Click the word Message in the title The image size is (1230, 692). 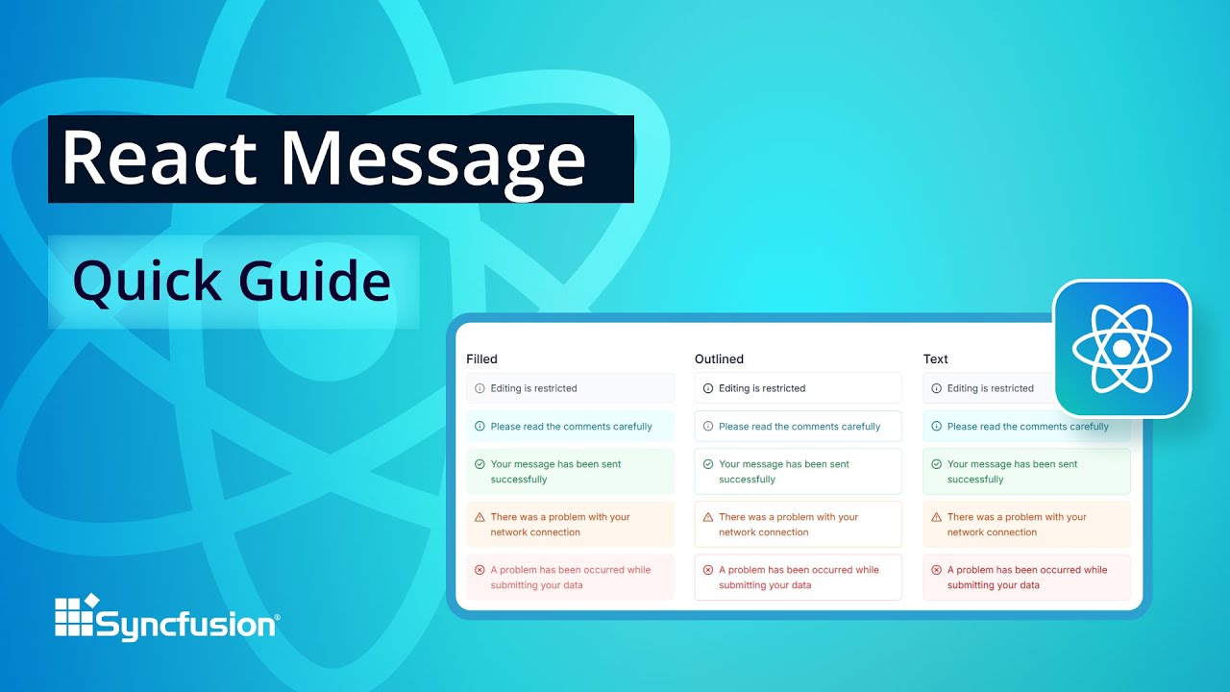pos(433,159)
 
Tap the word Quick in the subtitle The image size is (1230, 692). pos(147,283)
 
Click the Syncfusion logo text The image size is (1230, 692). pos(186,626)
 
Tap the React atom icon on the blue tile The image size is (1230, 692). pos(1121,348)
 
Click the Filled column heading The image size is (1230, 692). pos(481,359)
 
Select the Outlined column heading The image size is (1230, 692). pos(719,359)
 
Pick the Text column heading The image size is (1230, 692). pos(935,359)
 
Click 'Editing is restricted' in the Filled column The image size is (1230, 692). pos(533,388)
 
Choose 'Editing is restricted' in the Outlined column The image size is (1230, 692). pos(762,388)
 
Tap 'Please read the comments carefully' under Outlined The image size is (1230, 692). pos(799,427)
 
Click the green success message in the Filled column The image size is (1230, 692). pos(555,472)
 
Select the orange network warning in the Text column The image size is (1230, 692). pos(1017,525)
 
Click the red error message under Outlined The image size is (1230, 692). pos(799,578)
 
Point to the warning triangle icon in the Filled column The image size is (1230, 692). pos(480,517)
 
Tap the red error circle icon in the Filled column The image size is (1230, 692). pos(480,570)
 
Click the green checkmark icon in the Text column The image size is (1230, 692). pos(936,464)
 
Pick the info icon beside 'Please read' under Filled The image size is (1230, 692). pos(480,427)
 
